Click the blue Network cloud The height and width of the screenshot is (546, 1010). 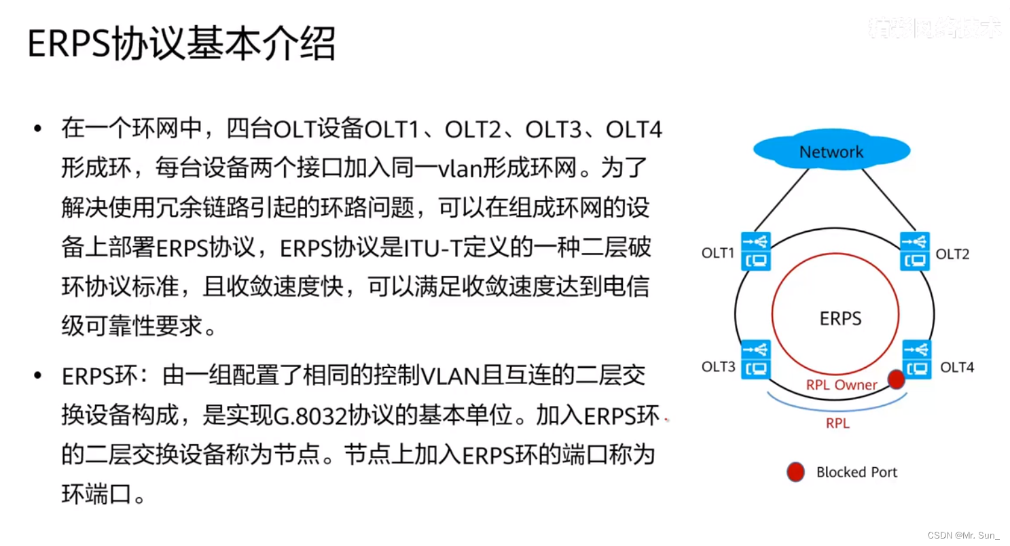[x=831, y=152]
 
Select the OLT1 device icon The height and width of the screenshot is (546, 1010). [x=755, y=251]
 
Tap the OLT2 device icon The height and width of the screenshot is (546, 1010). [x=915, y=251]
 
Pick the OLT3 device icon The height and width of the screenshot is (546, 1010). [x=755, y=359]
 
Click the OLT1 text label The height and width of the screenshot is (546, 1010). [x=718, y=254]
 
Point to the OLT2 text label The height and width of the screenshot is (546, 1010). [x=952, y=254]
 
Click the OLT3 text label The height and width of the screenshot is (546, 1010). [x=718, y=367]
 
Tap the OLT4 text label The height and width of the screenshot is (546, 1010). [x=956, y=368]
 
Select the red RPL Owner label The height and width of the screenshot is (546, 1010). [x=842, y=385]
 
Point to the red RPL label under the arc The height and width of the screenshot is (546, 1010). [x=837, y=424]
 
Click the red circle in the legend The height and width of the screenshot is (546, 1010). [x=795, y=472]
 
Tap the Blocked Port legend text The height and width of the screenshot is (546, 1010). [x=856, y=473]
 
